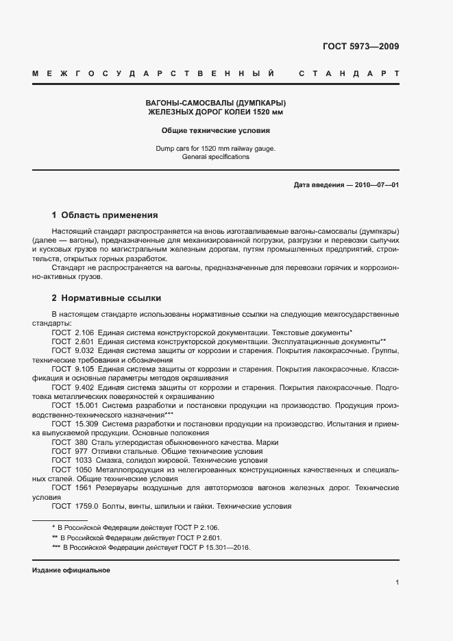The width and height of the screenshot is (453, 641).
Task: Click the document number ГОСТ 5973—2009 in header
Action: click(x=360, y=47)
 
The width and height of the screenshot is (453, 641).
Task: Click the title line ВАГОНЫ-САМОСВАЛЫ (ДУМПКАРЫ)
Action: click(x=217, y=102)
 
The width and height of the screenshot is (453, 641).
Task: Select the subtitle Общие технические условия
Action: click(x=216, y=130)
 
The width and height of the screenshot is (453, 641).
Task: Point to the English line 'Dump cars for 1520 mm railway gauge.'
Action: click(x=216, y=148)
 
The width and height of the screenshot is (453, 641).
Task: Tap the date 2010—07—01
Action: click(x=376, y=185)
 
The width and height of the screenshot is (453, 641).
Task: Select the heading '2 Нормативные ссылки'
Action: click(x=106, y=298)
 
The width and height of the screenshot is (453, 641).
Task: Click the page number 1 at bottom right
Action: click(x=397, y=583)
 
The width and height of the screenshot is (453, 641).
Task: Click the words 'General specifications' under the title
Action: click(x=216, y=157)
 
